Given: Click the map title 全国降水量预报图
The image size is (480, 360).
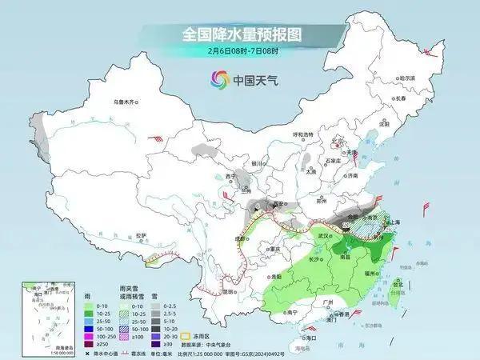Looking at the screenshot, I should (x=239, y=35).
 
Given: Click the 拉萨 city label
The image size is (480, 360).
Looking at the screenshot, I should (x=140, y=235).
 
